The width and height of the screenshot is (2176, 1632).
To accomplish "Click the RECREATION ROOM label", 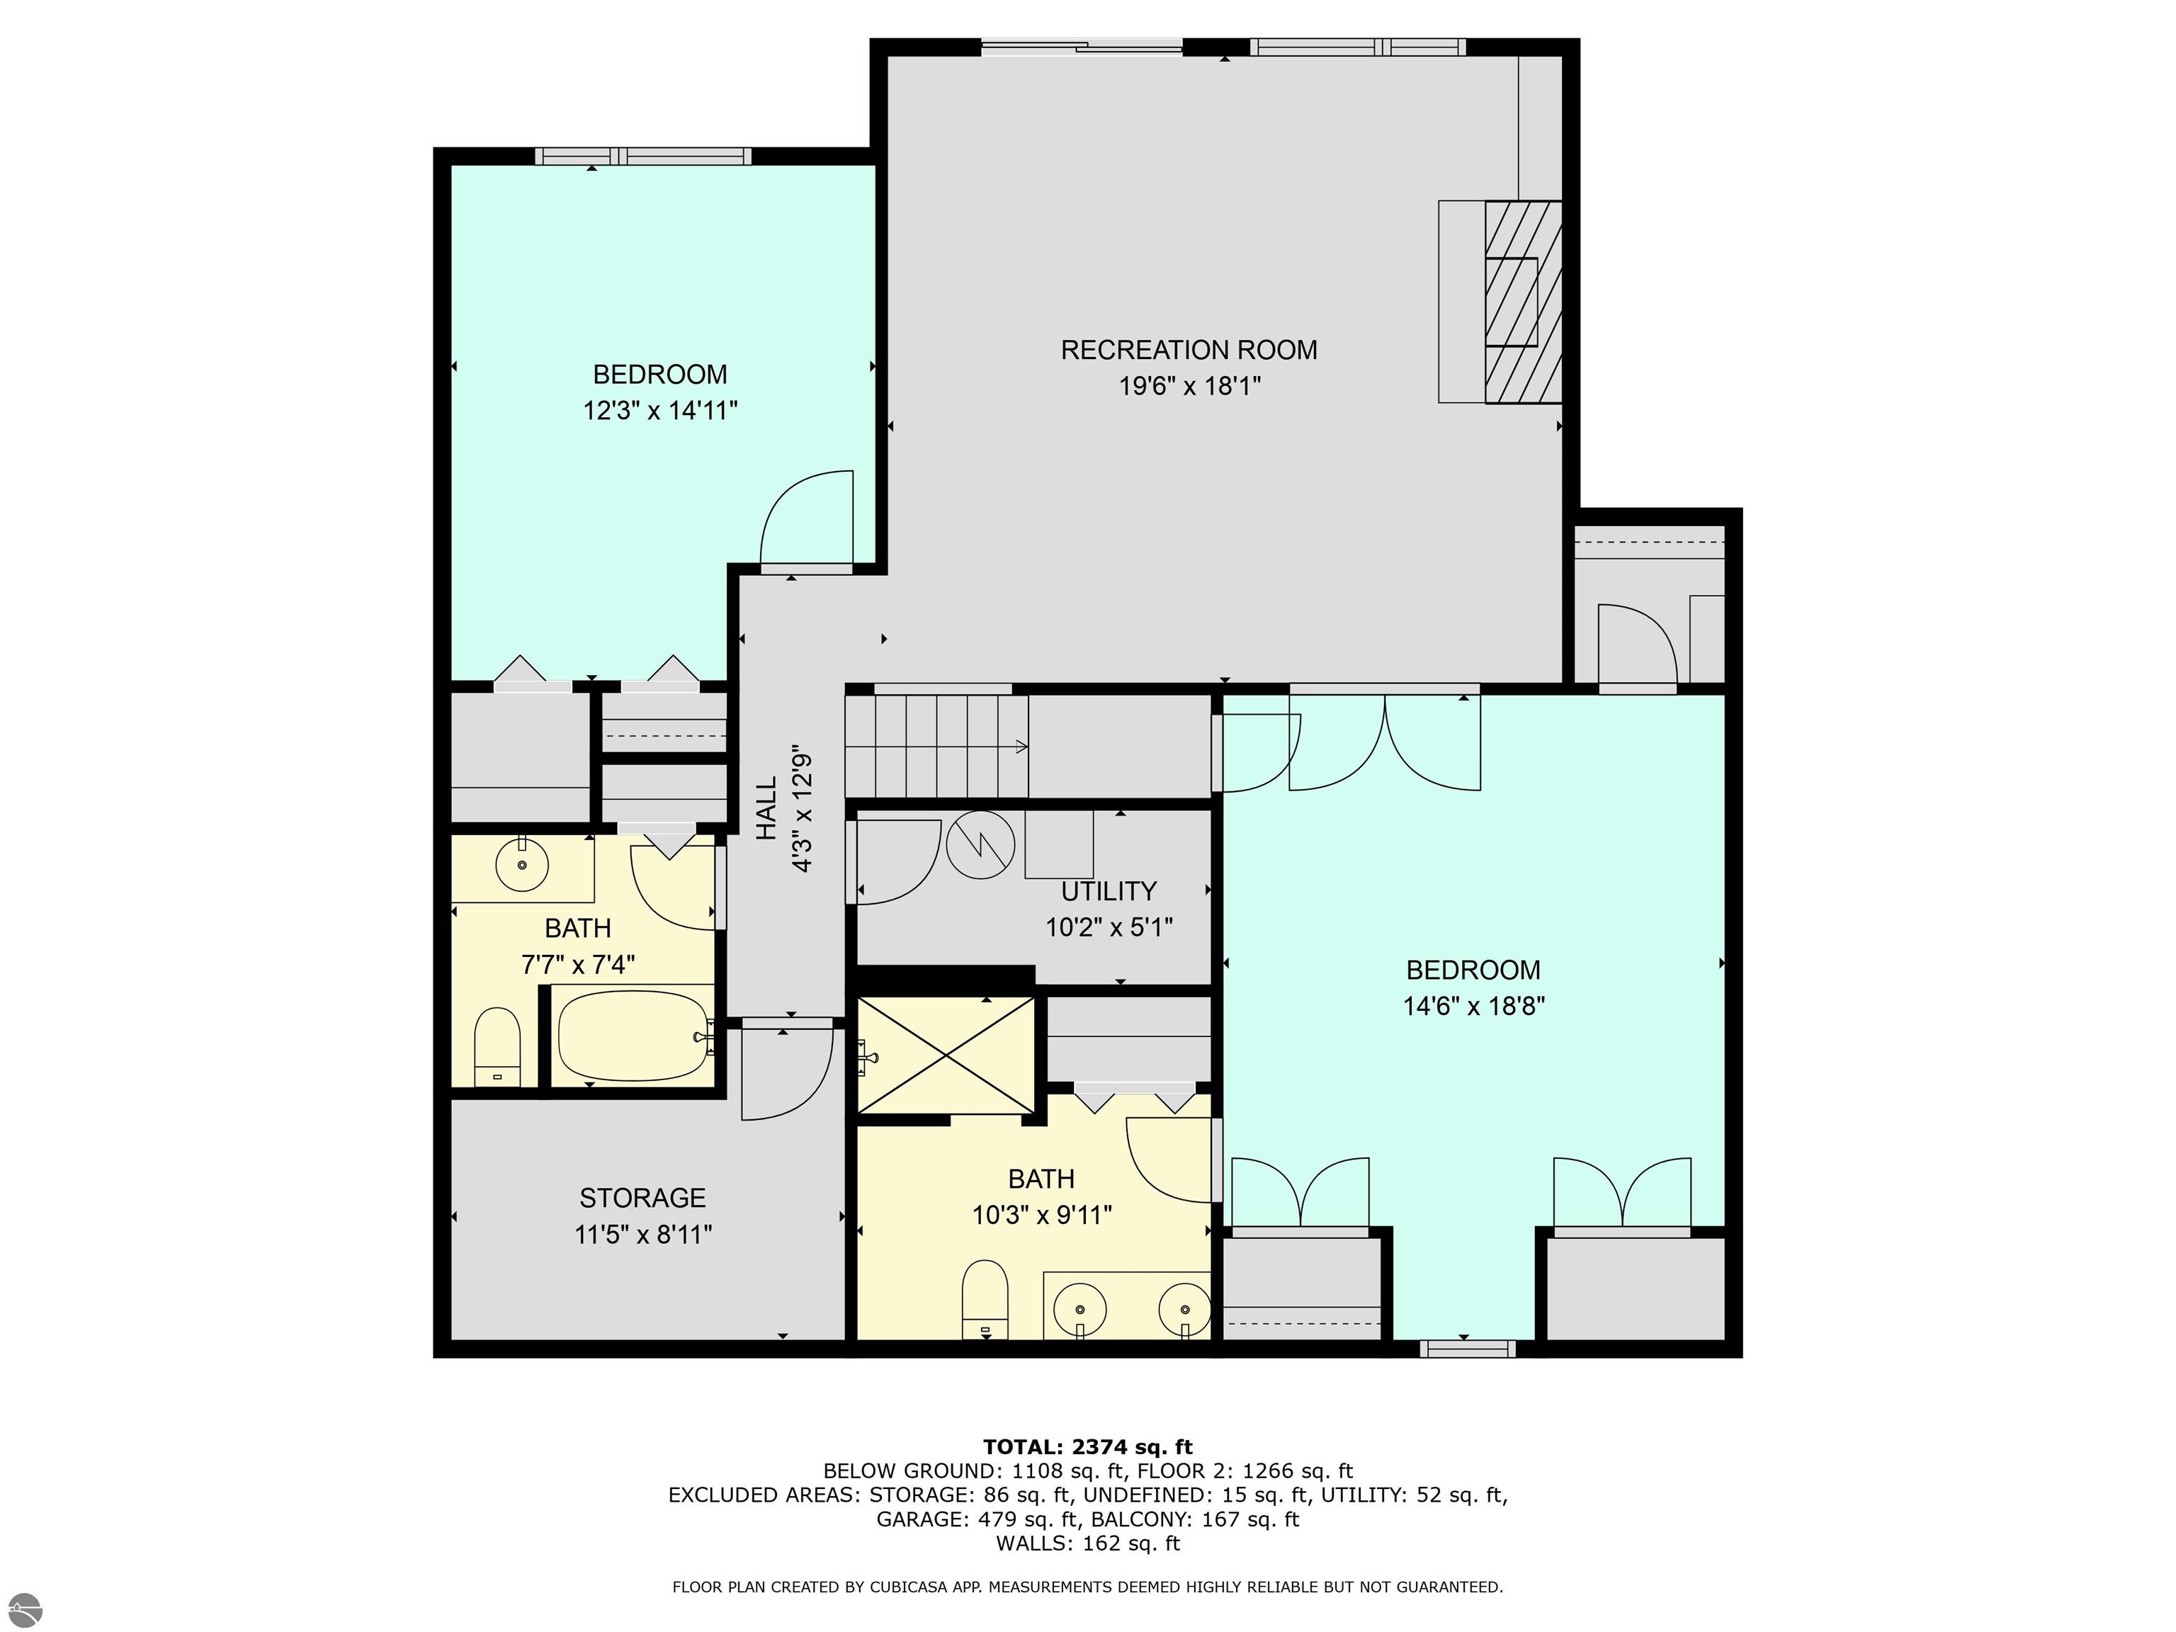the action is click(x=1189, y=350).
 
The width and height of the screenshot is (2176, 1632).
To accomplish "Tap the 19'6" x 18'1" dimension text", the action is click(x=1189, y=385).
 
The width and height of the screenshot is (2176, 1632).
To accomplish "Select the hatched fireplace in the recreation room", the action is click(x=1523, y=302).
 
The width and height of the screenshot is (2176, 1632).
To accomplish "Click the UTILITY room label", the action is click(x=1109, y=891).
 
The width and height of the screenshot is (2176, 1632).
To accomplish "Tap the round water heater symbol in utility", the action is click(x=980, y=845).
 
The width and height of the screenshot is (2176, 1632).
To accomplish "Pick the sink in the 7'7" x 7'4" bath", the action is click(x=521, y=865).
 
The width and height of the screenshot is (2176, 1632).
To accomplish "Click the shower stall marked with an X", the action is click(x=946, y=1055).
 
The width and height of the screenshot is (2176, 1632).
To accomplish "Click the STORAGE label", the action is click(x=642, y=1198).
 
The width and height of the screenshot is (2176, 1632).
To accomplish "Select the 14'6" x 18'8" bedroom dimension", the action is click(x=1473, y=1007).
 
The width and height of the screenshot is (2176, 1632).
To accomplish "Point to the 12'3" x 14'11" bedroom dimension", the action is click(x=660, y=410).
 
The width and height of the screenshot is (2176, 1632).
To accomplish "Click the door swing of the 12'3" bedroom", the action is click(x=805, y=518).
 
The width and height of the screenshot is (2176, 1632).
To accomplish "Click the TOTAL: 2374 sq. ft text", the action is click(x=1087, y=1447).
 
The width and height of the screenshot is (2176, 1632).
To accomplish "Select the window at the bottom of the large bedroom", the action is click(x=1468, y=1349).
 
